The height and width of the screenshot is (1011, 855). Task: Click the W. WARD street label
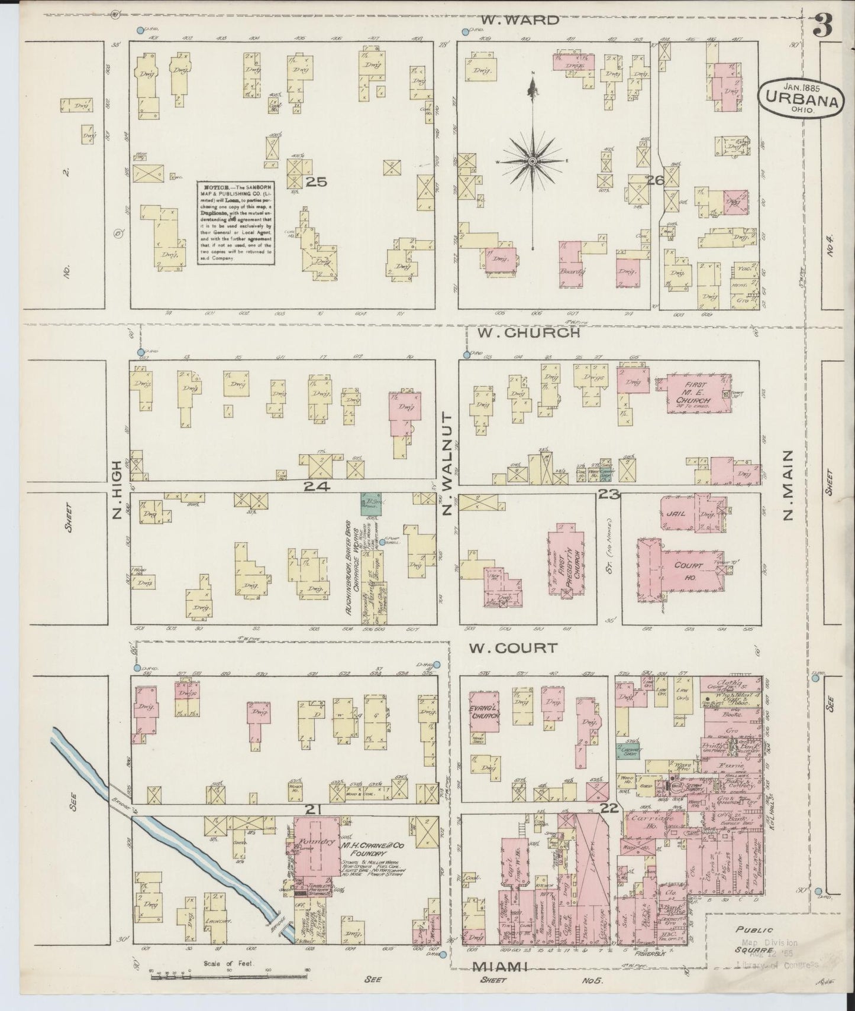click(519, 20)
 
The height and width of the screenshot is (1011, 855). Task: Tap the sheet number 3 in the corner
click(822, 25)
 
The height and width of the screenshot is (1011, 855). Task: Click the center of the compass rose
click(533, 161)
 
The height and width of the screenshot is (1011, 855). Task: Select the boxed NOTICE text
click(235, 221)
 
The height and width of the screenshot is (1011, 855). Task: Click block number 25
click(316, 182)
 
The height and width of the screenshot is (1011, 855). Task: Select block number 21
click(312, 808)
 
